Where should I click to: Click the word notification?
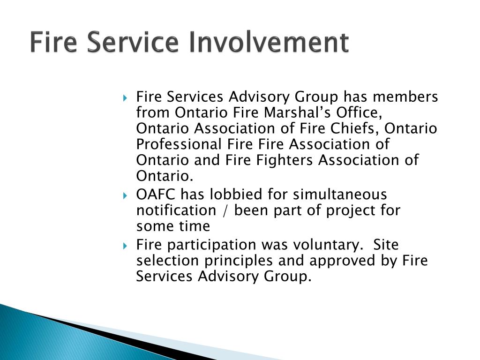[176, 210]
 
